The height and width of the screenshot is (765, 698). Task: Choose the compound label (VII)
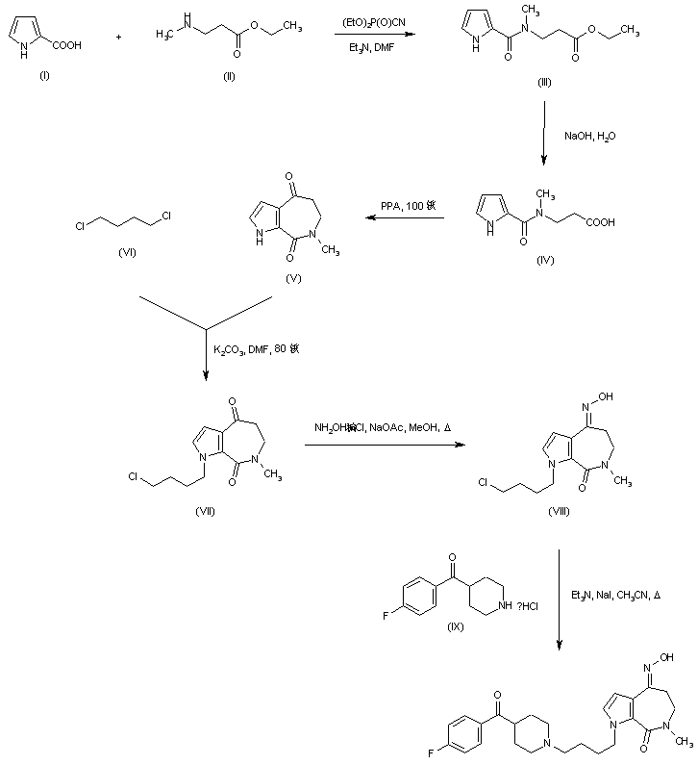(205, 510)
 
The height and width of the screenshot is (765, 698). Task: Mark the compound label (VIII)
(559, 512)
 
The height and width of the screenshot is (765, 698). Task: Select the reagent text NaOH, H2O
(591, 137)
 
